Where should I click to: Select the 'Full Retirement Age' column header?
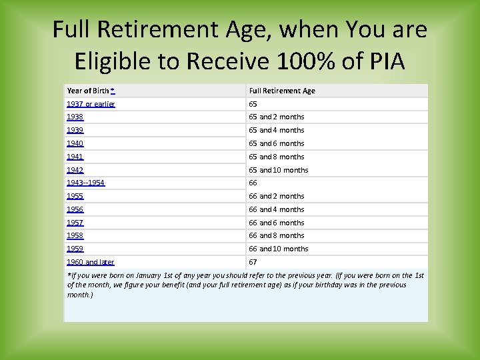tap(282, 91)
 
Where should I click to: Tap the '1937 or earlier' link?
tap(91, 104)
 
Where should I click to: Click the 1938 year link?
tap(75, 117)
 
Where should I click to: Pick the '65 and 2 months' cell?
tap(277, 117)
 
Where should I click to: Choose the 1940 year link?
tap(75, 143)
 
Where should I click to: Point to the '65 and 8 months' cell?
tap(277, 157)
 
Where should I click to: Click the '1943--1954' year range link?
tap(86, 183)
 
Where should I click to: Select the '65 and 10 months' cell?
tap(279, 170)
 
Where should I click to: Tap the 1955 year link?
tap(75, 196)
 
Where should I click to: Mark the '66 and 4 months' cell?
tap(277, 209)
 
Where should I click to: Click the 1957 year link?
tap(75, 223)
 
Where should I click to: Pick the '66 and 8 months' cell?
tap(277, 235)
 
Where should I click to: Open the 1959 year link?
tap(75, 249)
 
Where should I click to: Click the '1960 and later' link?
tap(91, 262)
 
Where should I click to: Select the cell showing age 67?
tap(253, 262)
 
